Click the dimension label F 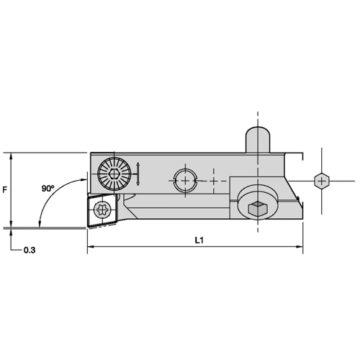click(x=4, y=190)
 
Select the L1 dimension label click(x=199, y=240)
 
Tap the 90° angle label click(x=48, y=189)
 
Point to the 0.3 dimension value click(x=30, y=250)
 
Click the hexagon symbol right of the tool click(x=322, y=181)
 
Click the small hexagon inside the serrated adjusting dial click(x=114, y=174)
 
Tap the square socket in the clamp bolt click(x=258, y=208)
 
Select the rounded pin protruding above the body click(x=258, y=140)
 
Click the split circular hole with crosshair click(x=185, y=181)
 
